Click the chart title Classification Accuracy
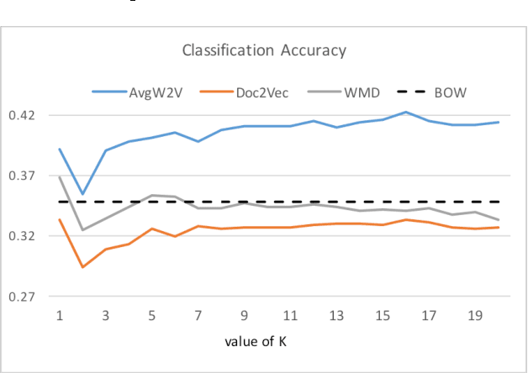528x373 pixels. point(264,51)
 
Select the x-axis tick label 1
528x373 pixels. point(60,314)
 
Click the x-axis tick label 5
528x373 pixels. point(152,314)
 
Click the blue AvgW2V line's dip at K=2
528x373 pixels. point(82,194)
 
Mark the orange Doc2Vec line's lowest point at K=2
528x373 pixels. point(82,267)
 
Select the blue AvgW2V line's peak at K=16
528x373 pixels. point(406,112)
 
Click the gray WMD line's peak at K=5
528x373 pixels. point(152,195)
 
